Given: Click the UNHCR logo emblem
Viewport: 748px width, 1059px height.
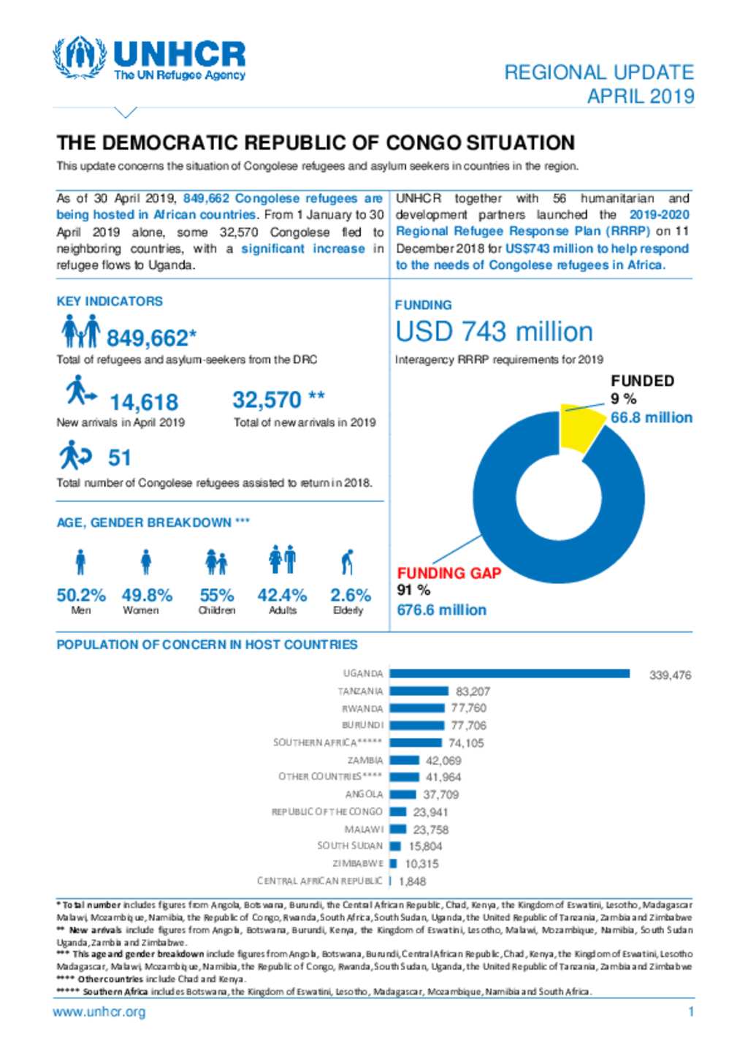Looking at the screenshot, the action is [80, 58].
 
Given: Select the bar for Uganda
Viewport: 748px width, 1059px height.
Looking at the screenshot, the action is [509, 673].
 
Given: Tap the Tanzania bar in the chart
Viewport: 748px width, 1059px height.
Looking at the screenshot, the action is [419, 691].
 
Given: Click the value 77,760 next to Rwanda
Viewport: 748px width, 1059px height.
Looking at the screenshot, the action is [468, 707].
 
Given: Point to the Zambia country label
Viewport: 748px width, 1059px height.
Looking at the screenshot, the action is [365, 760].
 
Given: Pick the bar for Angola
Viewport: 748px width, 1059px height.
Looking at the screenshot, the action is [403, 794].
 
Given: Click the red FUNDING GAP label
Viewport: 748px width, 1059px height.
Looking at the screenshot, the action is [449, 573].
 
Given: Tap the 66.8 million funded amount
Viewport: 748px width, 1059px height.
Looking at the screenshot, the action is [651, 417].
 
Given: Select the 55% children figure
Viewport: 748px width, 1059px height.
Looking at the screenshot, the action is [217, 595].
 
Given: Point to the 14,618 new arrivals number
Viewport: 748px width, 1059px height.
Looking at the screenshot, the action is [144, 402].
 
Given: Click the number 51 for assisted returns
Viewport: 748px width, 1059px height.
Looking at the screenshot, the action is [120, 458].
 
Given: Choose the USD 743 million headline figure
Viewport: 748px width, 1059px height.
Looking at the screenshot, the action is [494, 331].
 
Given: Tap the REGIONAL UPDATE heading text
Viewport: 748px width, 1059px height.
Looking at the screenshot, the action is [599, 72].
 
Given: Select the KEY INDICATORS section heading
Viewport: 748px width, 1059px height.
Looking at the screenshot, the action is [110, 301].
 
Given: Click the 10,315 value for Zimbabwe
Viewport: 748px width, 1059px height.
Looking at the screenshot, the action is [421, 864].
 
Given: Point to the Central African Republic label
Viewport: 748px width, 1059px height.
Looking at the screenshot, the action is [320, 881].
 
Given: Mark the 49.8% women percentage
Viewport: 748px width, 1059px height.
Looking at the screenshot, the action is [147, 595].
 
